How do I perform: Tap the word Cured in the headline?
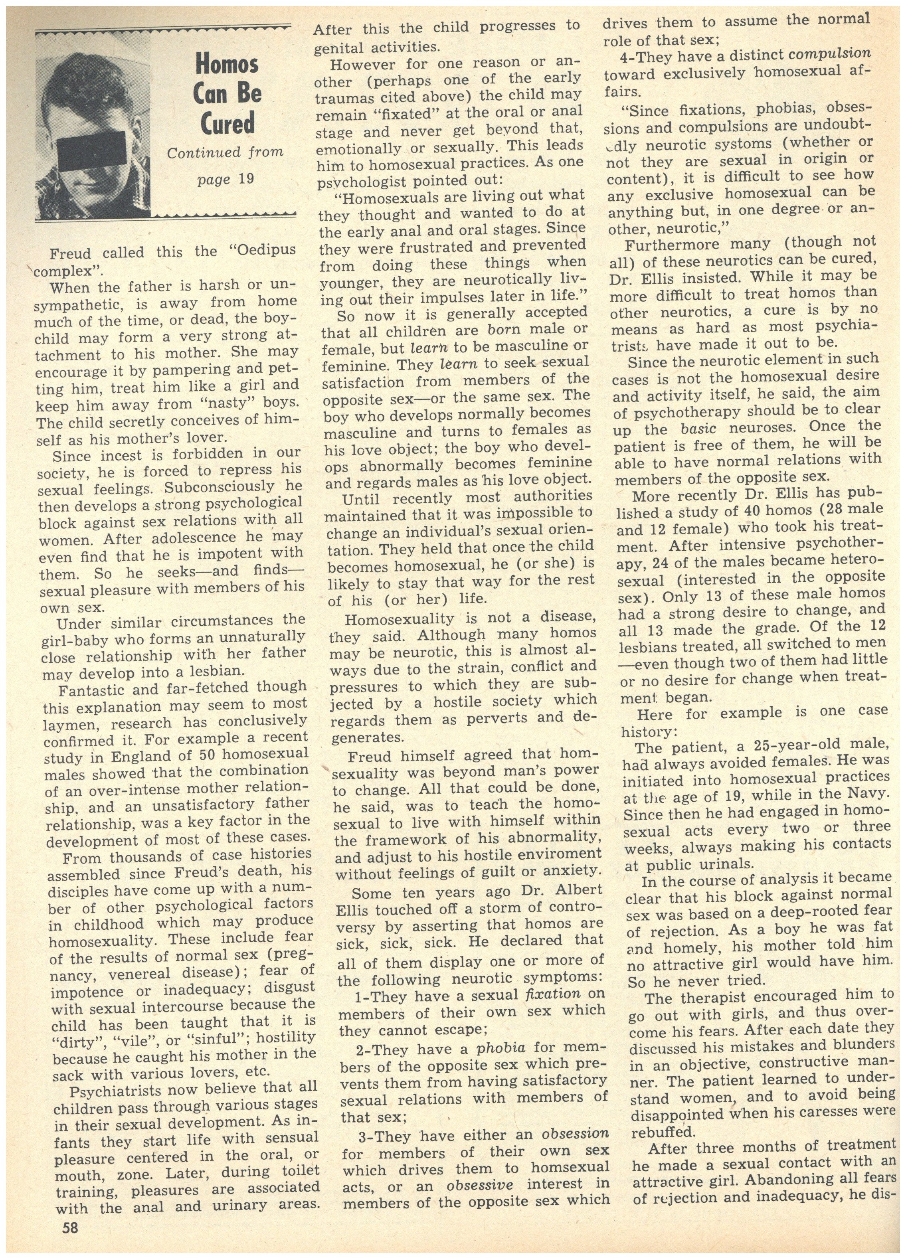[227, 123]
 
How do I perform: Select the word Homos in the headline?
[227, 65]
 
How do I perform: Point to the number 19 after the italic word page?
[246, 179]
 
